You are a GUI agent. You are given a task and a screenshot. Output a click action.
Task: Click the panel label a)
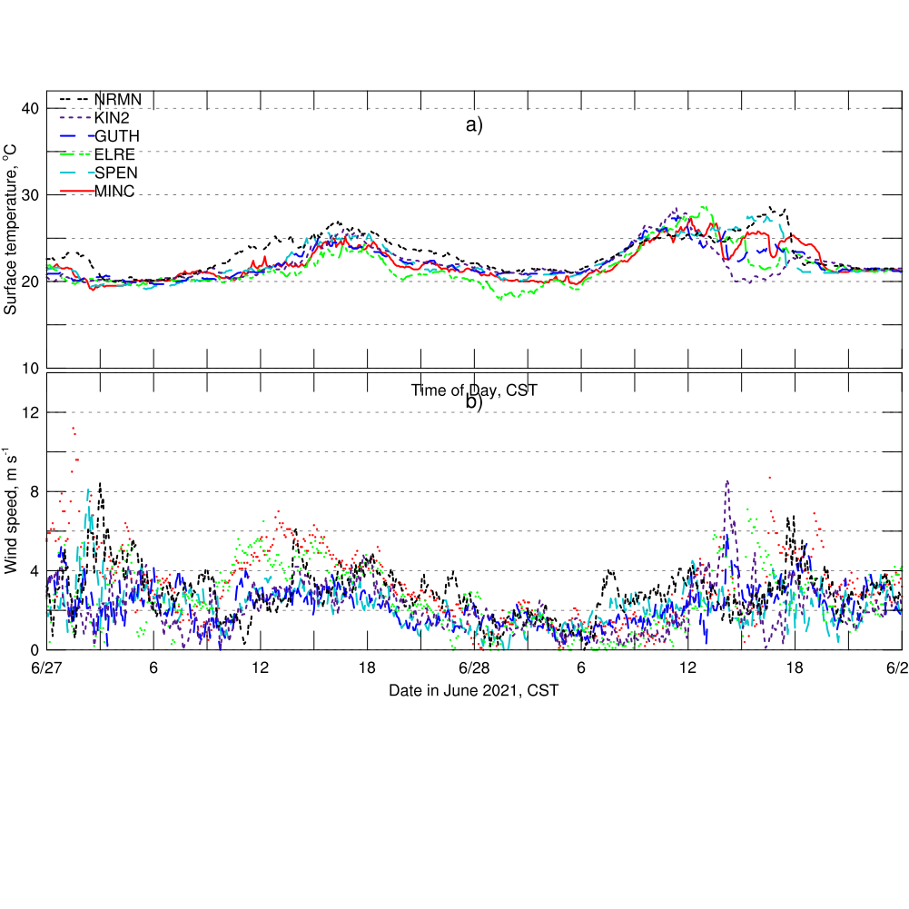[x=474, y=125]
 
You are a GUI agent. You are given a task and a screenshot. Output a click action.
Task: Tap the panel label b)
[x=474, y=403]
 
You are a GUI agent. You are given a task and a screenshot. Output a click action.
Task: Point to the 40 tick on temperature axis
[x=30, y=109]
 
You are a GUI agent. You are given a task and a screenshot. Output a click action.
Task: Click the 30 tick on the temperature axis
[x=30, y=195]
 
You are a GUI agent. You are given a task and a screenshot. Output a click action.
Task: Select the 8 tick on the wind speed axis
[x=35, y=492]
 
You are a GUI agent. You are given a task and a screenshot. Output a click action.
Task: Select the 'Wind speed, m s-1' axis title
[x=11, y=509]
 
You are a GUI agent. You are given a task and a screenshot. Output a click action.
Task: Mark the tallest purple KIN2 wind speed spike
[x=727, y=482]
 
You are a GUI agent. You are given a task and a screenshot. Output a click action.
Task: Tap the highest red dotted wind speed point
[x=73, y=428]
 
